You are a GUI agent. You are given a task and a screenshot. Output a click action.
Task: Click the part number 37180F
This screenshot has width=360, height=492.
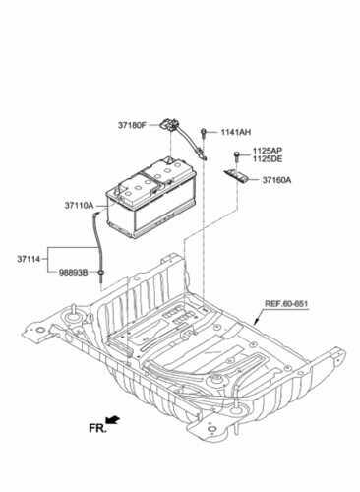pyautogui.click(x=132, y=125)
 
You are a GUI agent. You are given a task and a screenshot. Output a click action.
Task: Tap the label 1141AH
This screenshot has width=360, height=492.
pyautogui.click(x=235, y=132)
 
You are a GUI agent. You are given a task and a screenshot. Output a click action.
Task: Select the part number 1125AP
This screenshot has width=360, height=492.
pyautogui.click(x=268, y=151)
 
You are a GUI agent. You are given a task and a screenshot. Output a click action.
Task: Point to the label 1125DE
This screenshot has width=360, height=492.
pyautogui.click(x=268, y=158)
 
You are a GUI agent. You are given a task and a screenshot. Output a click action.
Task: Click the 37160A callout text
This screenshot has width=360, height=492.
pyautogui.click(x=276, y=180)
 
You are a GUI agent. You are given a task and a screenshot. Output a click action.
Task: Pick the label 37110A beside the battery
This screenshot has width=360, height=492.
pyautogui.click(x=79, y=206)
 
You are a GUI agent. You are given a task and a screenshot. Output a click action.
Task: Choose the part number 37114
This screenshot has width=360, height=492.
pyautogui.click(x=29, y=259)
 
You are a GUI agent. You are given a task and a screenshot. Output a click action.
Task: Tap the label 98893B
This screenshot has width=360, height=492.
pyautogui.click(x=73, y=273)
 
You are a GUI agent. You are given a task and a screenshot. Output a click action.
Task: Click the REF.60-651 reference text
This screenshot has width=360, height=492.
pyautogui.click(x=286, y=304)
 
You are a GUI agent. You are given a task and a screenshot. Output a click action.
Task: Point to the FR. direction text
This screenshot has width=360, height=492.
pyautogui.click(x=97, y=428)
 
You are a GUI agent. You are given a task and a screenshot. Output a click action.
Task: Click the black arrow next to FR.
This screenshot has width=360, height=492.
pyautogui.click(x=113, y=420)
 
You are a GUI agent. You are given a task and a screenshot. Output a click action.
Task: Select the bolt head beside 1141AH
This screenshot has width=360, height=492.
pyautogui.click(x=204, y=132)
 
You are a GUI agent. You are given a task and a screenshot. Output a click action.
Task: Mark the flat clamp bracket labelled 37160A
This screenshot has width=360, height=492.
pyautogui.click(x=236, y=177)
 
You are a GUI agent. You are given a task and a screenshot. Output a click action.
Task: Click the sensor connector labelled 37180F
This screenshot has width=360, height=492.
pyautogui.click(x=169, y=124)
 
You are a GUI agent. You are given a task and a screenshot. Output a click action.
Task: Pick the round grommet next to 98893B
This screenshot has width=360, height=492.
pyautogui.click(x=101, y=272)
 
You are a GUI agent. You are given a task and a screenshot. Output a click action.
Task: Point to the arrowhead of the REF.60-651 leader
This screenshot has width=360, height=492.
pyautogui.click(x=256, y=322)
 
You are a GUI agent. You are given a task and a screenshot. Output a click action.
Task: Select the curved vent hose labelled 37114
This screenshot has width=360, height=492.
pyautogui.click(x=97, y=243)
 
